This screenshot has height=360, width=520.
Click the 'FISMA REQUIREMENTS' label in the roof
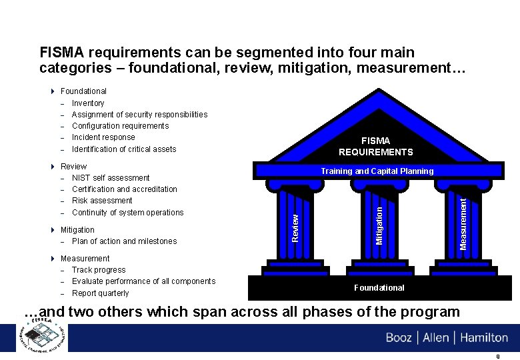375,147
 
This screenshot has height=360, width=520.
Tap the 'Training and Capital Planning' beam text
377,171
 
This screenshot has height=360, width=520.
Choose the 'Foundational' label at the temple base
379,288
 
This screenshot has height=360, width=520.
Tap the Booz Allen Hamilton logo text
447,337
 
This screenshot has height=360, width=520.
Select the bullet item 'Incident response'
103,137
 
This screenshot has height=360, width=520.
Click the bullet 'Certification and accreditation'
125,189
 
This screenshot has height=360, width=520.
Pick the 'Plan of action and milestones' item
125,241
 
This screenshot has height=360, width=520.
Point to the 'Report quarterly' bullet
101,293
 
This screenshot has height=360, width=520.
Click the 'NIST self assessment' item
111,178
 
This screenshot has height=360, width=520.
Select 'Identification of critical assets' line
124,149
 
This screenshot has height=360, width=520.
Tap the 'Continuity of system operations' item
127,213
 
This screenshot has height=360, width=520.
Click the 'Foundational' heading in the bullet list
83,91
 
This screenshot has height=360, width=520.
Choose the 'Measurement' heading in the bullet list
85,259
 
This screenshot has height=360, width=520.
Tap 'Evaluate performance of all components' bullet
143,281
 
